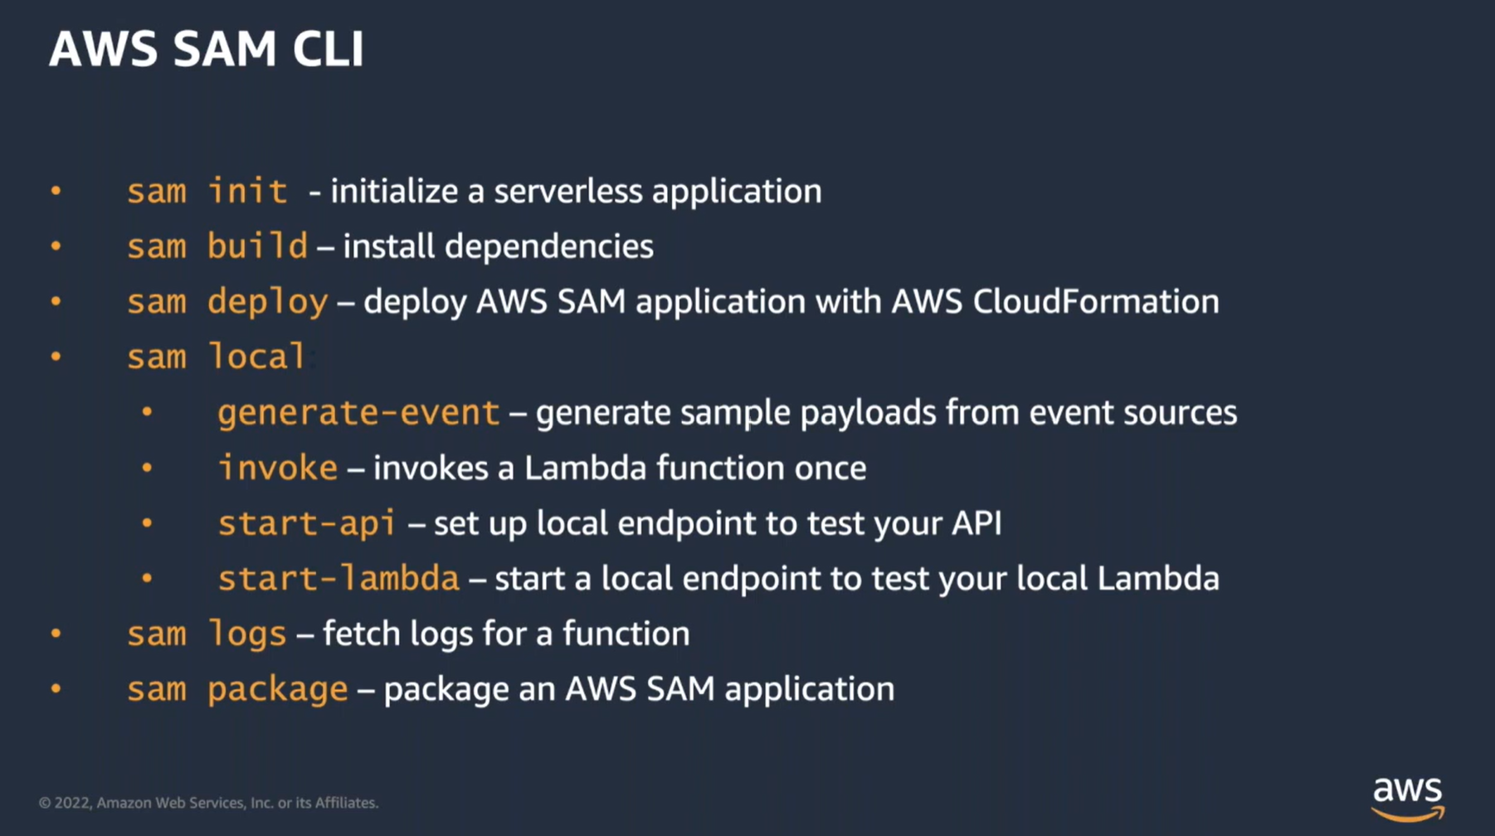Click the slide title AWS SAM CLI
(207, 48)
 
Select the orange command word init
(247, 192)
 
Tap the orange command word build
(257, 246)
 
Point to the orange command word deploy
(267, 302)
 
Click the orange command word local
(256, 357)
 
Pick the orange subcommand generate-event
(358, 412)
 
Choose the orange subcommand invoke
(278, 468)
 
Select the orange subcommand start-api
(306, 523)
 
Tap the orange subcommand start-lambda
(338, 578)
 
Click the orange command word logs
(246, 634)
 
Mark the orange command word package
(277, 689)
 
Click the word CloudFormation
(1096, 302)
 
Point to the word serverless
(568, 192)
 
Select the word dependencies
(548, 246)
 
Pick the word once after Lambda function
(830, 468)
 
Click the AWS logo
(1408, 798)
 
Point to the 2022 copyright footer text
(208, 803)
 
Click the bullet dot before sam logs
(56, 634)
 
